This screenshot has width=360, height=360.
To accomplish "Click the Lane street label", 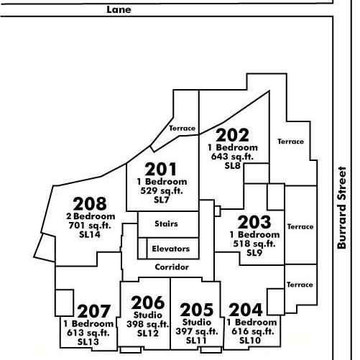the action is (119, 9).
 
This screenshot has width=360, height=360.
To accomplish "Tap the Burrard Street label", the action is (342, 208).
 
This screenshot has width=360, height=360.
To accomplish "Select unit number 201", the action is (161, 170).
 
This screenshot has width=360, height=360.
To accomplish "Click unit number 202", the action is (233, 135).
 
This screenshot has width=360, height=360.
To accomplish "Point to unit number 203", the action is (254, 222).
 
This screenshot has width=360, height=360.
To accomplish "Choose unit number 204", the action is (246, 310).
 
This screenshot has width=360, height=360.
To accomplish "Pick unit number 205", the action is (197, 310).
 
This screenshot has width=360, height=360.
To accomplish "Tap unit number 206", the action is (148, 303).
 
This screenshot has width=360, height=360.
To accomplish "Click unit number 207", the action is (94, 311).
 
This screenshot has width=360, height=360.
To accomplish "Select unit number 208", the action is (90, 204).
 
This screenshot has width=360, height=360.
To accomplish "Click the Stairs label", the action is (166, 223).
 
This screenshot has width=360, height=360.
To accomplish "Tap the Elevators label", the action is (171, 249).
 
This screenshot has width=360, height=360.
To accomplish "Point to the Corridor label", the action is (172, 267).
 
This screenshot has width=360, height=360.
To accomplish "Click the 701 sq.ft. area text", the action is (90, 226).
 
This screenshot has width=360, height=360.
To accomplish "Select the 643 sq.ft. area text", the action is (232, 157).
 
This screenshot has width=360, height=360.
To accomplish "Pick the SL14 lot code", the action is (90, 234).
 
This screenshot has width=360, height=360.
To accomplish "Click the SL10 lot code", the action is (250, 341).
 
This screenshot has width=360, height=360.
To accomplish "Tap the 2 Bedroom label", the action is (91, 216).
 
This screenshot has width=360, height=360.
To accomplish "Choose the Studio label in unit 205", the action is (197, 322).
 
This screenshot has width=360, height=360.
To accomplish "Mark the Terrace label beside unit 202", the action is (290, 142).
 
